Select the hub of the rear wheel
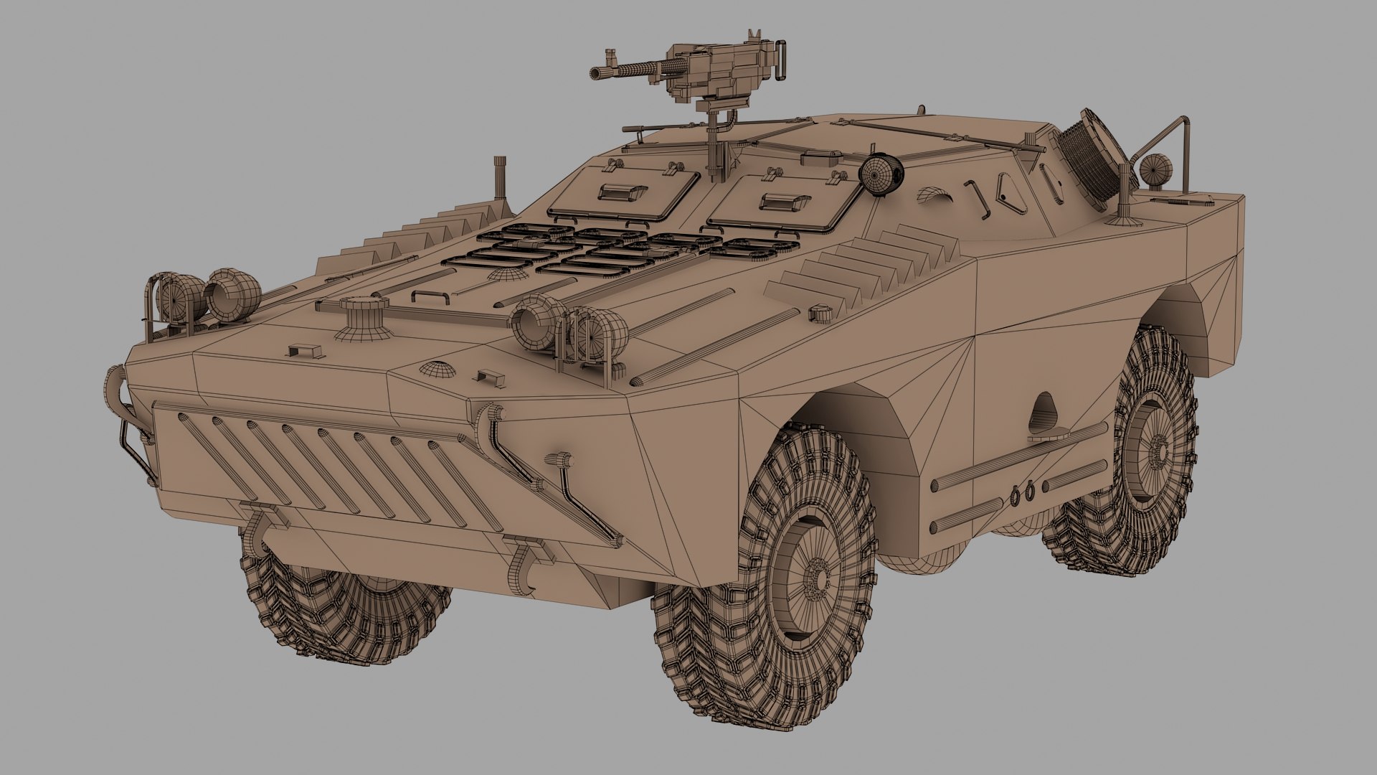pyautogui.click(x=1156, y=448)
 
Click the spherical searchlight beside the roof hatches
pyautogui.click(x=879, y=174)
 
